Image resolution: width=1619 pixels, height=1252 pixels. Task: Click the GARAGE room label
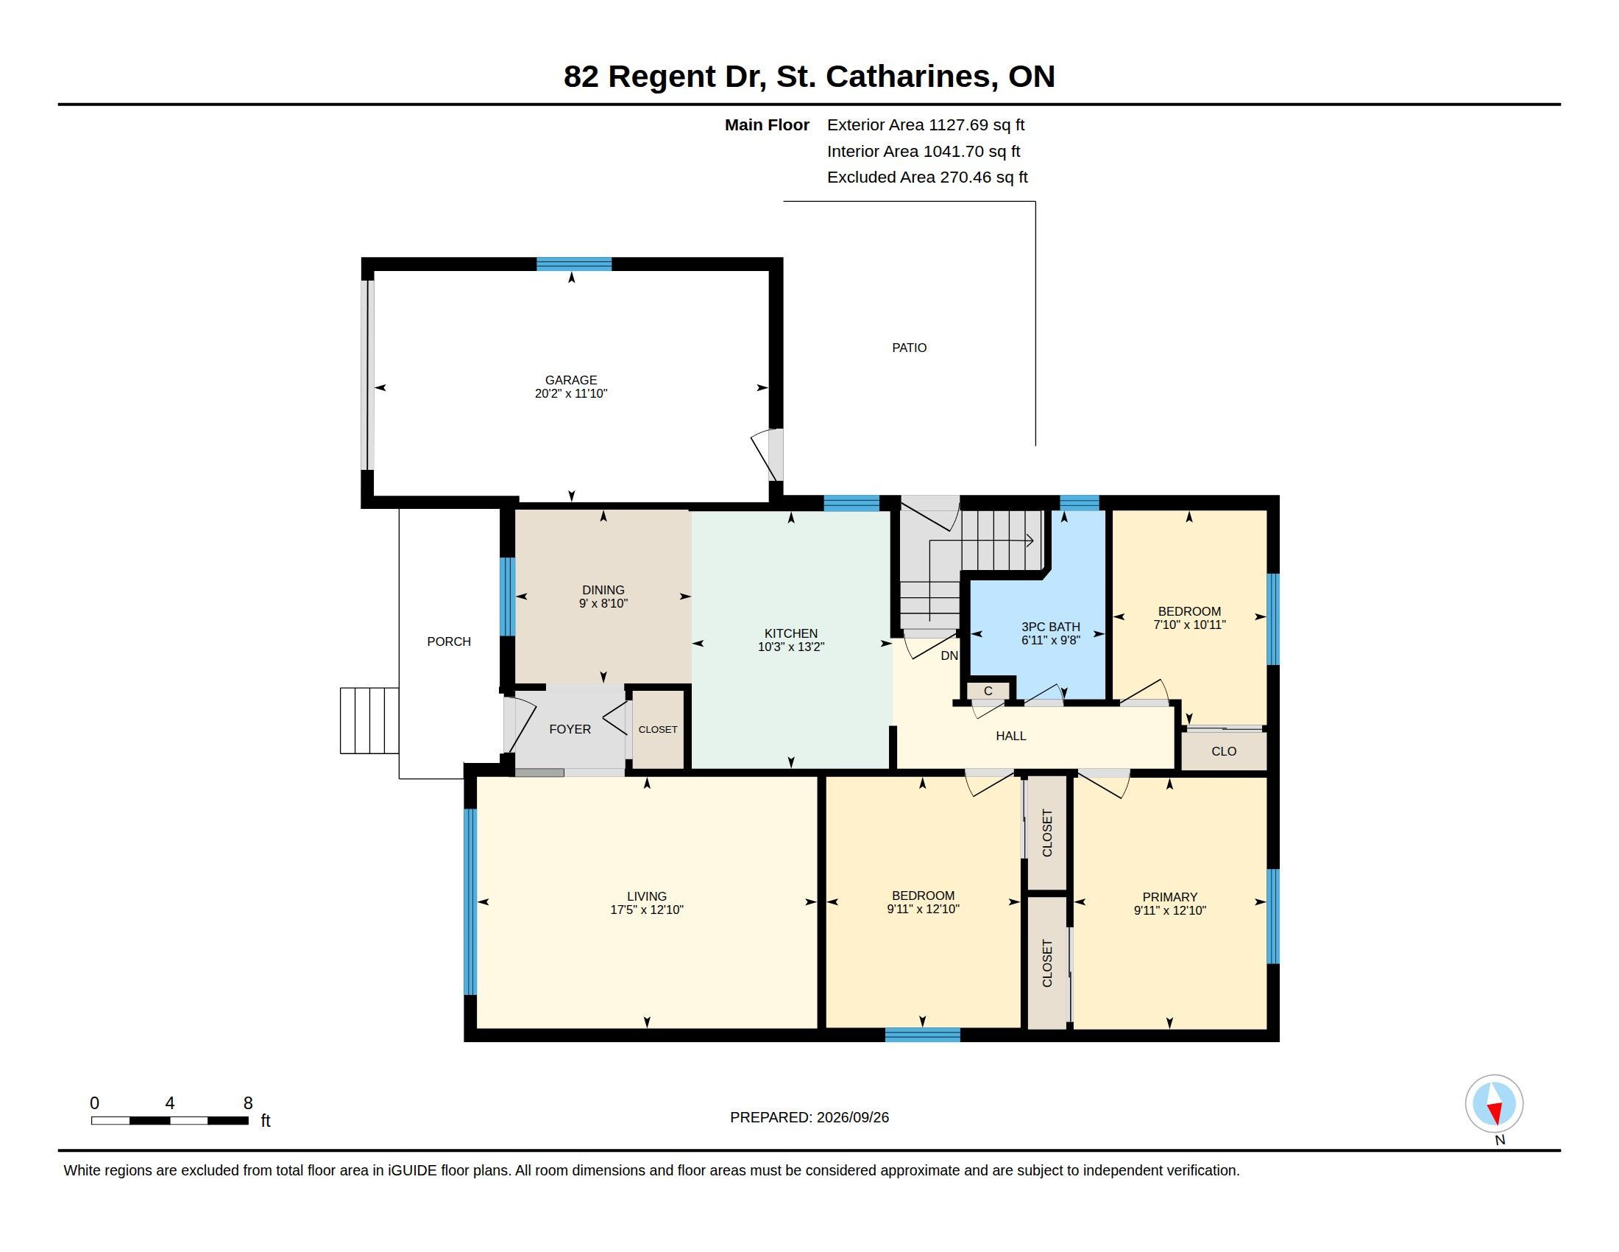point(571,380)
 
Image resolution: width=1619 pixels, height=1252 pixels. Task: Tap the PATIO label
point(909,347)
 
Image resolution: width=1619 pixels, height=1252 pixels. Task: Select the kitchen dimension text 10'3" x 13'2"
point(791,647)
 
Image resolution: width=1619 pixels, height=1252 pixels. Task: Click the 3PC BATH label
point(1050,627)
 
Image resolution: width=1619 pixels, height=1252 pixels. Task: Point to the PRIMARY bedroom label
point(1170,897)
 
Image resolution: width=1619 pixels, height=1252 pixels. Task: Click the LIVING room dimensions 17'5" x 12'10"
point(646,910)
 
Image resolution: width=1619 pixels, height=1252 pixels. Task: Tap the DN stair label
point(949,655)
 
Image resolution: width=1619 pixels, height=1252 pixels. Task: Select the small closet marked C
point(988,692)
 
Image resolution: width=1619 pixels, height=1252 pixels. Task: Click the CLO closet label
point(1224,751)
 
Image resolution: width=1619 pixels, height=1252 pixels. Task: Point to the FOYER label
point(570,729)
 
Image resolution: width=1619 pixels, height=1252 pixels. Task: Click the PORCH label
point(448,641)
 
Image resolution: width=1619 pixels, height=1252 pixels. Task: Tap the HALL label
point(1011,736)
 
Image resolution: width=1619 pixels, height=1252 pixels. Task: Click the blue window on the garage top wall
point(574,264)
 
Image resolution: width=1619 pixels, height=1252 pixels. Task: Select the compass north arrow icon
point(1494,1104)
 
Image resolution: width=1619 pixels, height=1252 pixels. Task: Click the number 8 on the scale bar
point(248,1103)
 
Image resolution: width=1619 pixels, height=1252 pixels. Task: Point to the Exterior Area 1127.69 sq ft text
point(926,124)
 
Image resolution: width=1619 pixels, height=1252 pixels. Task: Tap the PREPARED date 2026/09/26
point(852,1117)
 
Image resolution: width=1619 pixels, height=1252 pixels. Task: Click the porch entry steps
point(369,721)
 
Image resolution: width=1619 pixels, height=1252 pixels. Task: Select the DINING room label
point(603,591)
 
